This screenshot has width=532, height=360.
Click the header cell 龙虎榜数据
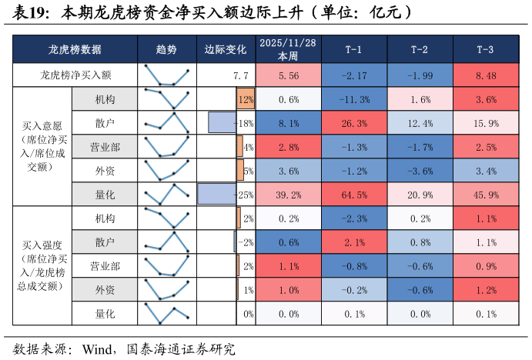tap(75, 49)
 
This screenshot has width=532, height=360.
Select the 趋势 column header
tap(166, 49)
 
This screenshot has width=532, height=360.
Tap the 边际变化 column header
tap(226, 49)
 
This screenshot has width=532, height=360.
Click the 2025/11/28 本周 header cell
tap(288, 49)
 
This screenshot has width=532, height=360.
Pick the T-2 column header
tap(420, 49)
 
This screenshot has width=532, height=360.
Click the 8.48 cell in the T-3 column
tap(486, 75)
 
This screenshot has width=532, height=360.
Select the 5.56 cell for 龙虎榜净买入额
tap(288, 75)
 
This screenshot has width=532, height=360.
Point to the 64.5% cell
tap(353, 194)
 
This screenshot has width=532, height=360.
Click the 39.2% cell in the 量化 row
tap(288, 194)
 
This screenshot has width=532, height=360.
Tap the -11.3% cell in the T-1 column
tap(353, 99)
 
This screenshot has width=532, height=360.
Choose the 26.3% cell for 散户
tap(353, 123)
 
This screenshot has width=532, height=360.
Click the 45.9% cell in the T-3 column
tap(486, 194)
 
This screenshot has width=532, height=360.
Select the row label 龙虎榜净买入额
tap(75, 75)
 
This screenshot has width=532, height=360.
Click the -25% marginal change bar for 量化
tap(216, 194)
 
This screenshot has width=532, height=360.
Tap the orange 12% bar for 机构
tap(246, 99)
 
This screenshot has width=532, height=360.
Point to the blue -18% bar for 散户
tap(222, 123)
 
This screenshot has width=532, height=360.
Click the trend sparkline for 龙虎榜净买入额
tap(166, 75)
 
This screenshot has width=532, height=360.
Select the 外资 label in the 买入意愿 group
tap(105, 171)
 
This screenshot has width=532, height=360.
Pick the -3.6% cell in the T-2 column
tap(420, 171)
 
